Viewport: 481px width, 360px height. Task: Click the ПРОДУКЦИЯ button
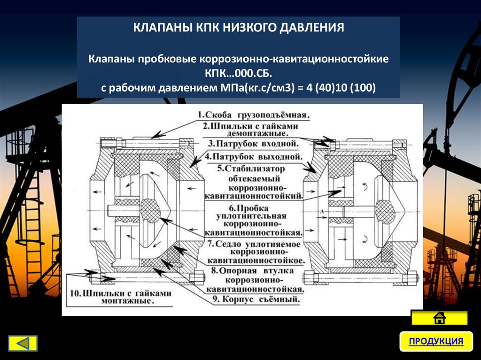click(435, 341)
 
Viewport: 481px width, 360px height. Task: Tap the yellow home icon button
click(439, 318)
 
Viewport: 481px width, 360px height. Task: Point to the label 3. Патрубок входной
click(252, 144)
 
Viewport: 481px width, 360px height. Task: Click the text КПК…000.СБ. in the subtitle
click(239, 74)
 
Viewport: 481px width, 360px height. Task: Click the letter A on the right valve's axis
click(322, 212)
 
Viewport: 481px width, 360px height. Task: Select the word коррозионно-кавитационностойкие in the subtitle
click(295, 60)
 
